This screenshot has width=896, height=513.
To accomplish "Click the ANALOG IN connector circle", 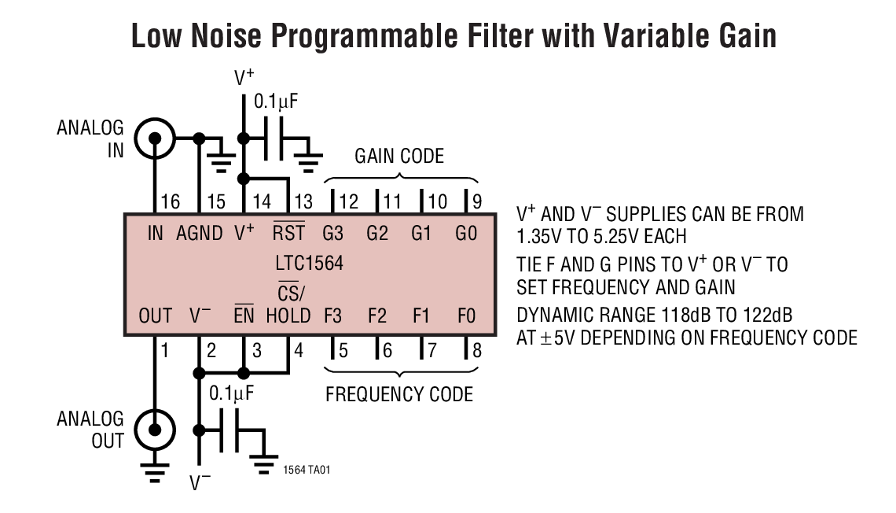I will coord(155,138).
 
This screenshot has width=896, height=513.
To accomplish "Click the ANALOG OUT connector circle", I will coord(155,430).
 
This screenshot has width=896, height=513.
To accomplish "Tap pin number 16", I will coord(170,202).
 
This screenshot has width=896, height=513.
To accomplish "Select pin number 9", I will coord(476,202).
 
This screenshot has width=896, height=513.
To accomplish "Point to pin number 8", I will coord(476,349).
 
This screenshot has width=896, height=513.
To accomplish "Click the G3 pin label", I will coord(333,234).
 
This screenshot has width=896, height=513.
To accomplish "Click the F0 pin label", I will coord(466,316).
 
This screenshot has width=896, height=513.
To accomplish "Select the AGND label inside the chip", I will coord(200,234).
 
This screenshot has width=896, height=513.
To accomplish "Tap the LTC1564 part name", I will coord(310,263).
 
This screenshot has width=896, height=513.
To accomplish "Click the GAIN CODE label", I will coord(399,156).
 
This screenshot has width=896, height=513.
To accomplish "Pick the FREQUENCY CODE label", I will coord(399,393).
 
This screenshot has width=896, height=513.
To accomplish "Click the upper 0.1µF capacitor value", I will coord(276,101).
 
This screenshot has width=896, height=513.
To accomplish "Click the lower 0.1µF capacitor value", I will coord(232,391).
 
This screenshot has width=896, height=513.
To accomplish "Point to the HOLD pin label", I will coord(288,316).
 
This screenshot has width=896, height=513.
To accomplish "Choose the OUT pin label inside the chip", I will coord(155,316).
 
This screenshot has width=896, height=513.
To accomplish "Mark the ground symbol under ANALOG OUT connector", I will coord(155,472).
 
